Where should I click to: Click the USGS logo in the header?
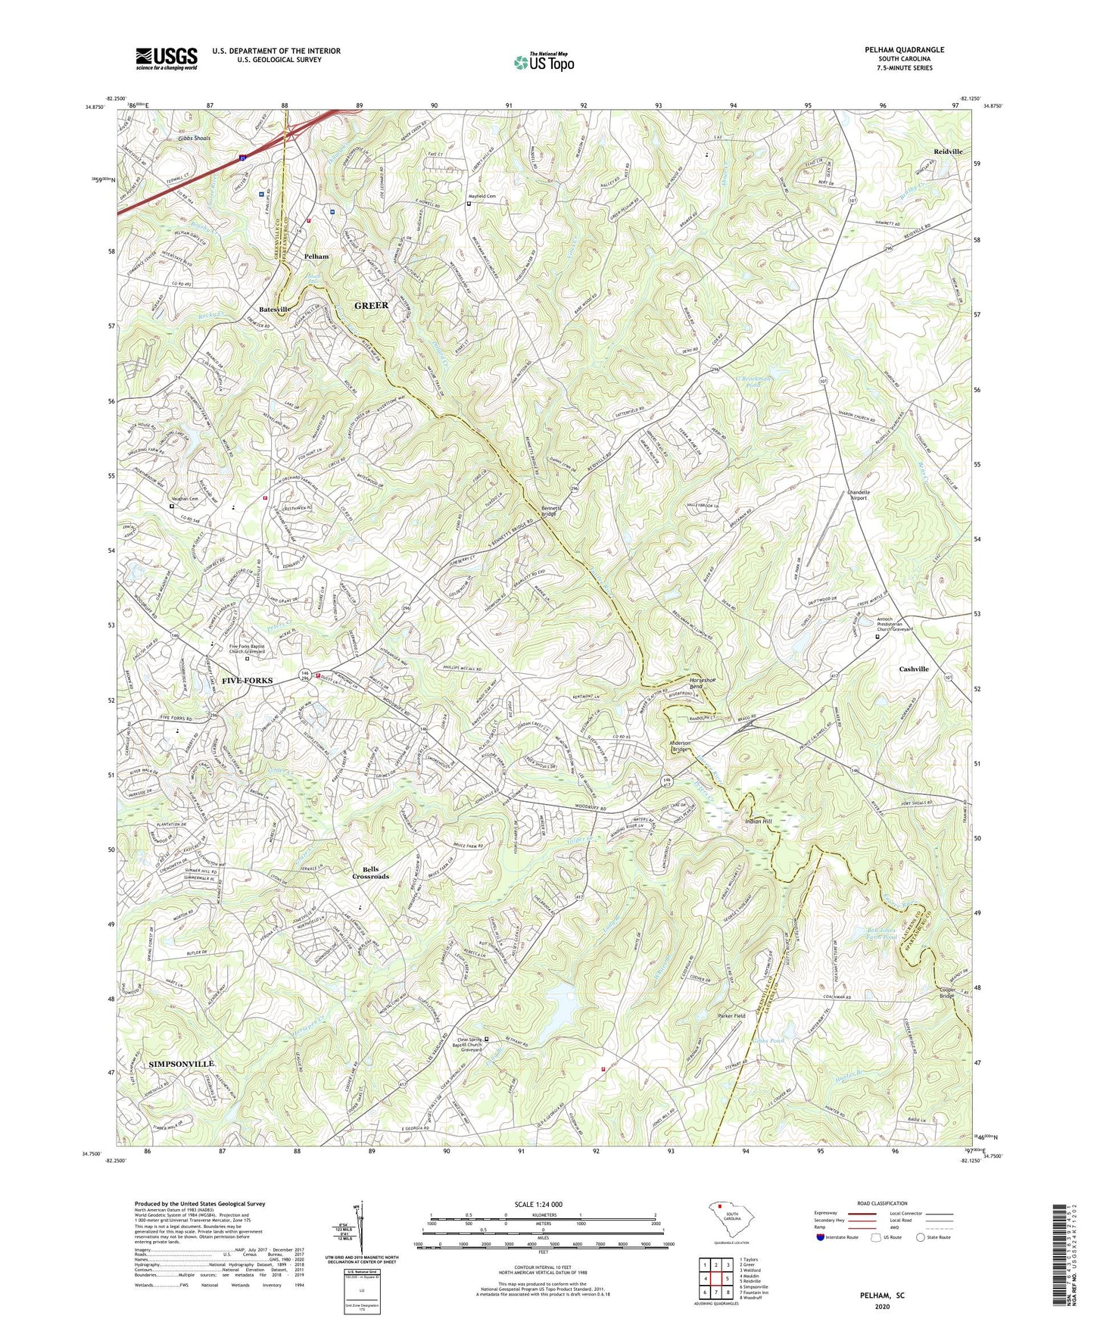tap(167, 58)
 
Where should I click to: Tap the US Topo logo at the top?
tap(543, 62)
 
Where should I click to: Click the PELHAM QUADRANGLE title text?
tap(904, 50)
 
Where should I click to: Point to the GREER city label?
tap(371, 305)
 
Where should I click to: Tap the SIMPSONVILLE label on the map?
tap(181, 1064)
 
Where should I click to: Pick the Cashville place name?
tap(913, 669)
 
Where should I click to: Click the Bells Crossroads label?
tap(370, 872)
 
